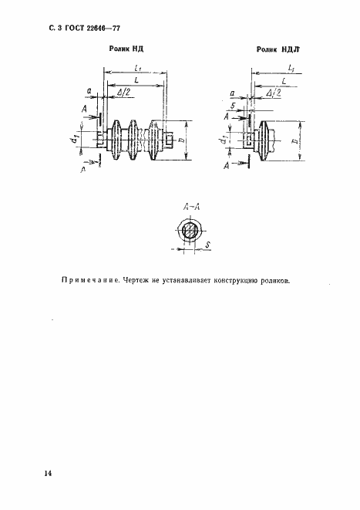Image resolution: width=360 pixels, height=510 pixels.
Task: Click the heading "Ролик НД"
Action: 124,49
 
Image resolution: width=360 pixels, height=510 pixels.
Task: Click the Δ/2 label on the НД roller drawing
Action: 123,92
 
